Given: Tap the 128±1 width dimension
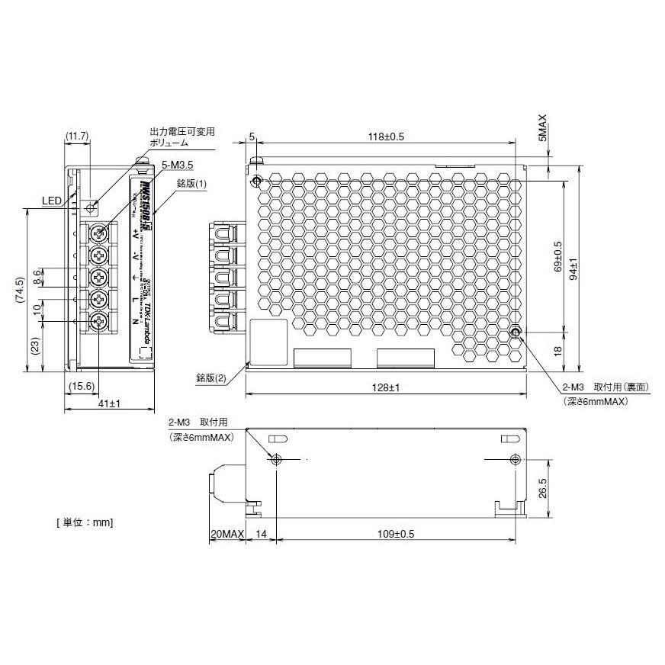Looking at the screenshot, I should (386, 388).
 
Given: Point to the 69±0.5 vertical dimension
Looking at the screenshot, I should (557, 256).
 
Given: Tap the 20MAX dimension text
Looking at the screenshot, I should (226, 535).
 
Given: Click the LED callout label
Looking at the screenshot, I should (52, 201).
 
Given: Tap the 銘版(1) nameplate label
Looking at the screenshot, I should (191, 184).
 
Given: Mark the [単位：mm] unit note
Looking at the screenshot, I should (85, 522).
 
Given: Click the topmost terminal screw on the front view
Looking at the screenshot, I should (98, 233).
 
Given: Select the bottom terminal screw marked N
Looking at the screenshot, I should (98, 323).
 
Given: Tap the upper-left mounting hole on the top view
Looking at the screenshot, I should (256, 182).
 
